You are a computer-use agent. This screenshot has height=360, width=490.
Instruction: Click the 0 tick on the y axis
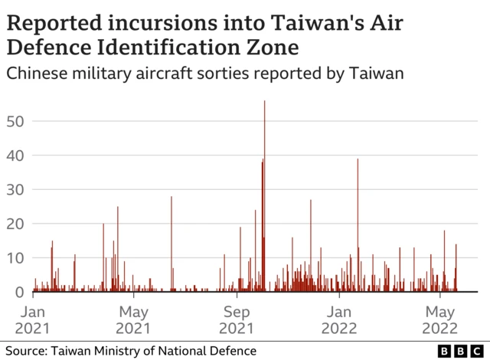[x=21, y=292]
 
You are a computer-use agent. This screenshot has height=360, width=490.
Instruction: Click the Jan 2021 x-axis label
[x=34, y=320]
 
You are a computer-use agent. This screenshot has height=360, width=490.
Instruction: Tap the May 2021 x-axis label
[x=133, y=320]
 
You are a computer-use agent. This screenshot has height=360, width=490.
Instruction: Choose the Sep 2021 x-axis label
[x=236, y=320]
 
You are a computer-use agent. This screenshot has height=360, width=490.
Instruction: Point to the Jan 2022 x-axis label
[x=339, y=320]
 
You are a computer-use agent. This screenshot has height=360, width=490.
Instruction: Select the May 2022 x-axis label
[x=439, y=320]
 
